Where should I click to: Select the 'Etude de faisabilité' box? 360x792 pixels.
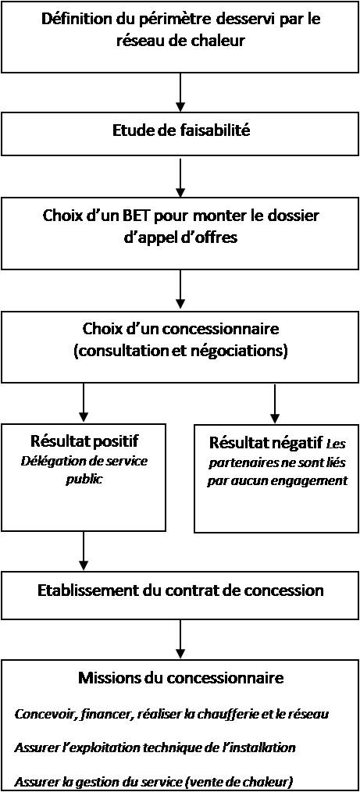pyautogui.click(x=180, y=133)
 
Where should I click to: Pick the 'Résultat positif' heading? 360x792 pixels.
pyautogui.click(x=83, y=441)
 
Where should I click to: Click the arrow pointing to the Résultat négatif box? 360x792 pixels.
pyautogui.click(x=274, y=403)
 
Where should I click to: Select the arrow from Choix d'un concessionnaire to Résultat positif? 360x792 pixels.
pyautogui.click(x=84, y=403)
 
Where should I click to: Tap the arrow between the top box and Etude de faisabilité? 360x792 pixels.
pyautogui.click(x=180, y=92)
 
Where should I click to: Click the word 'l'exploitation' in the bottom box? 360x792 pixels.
pyautogui.click(x=95, y=747)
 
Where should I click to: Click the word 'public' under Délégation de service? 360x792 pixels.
pyautogui.click(x=84, y=480)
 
